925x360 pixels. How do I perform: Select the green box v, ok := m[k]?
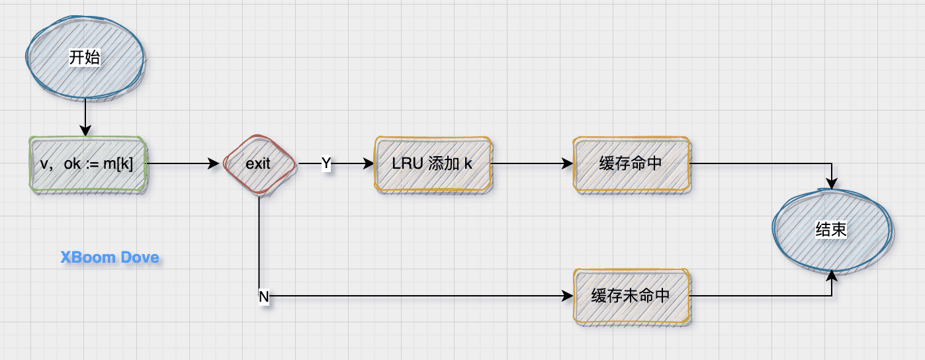[x=87, y=164]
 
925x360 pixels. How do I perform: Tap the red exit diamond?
[x=258, y=164]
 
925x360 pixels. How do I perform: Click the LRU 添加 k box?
[x=433, y=164]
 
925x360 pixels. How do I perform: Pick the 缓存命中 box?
[x=631, y=164]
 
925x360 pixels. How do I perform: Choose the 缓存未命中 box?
[x=631, y=296]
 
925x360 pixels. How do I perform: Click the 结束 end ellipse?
[x=832, y=230]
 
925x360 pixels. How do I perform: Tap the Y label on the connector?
[x=326, y=163]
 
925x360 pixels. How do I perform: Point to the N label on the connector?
[x=263, y=297]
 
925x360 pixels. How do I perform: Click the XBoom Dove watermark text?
[x=110, y=257]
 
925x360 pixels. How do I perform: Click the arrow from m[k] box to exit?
[x=182, y=164]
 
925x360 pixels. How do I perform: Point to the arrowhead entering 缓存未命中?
[x=568, y=296]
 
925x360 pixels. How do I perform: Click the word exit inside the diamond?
[x=258, y=164]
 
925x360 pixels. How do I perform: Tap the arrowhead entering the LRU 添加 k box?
[x=369, y=164]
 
